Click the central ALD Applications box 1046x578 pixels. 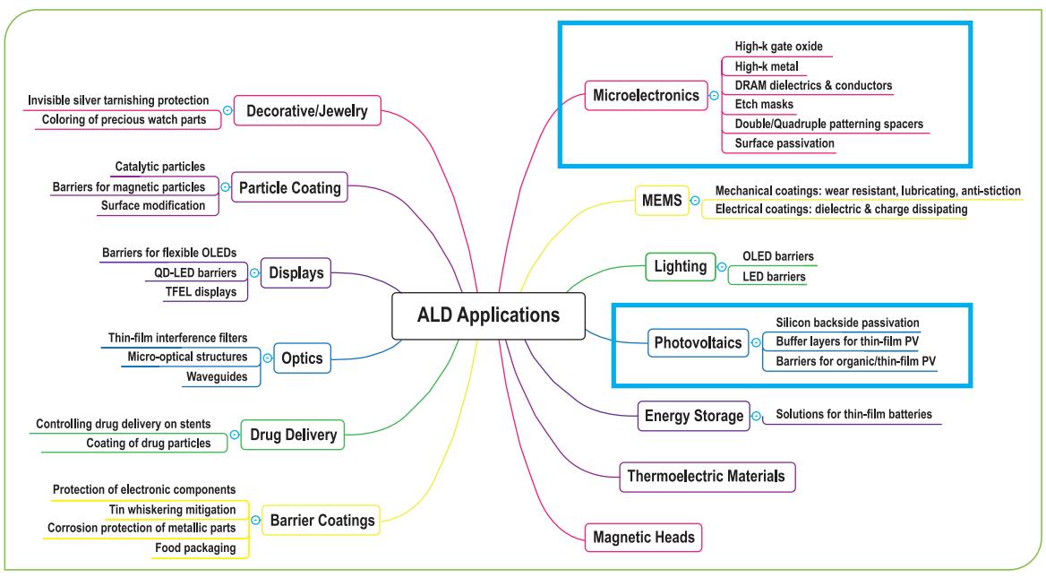(488, 315)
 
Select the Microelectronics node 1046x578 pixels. (645, 94)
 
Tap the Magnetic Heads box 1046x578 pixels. (643, 538)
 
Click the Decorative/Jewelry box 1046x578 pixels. (307, 112)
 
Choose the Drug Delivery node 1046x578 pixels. (292, 436)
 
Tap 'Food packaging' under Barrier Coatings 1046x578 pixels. (196, 548)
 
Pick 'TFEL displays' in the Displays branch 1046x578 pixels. (207, 292)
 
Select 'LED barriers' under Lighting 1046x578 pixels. (774, 277)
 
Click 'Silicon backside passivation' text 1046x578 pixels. (847, 322)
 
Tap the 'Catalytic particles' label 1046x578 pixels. (160, 167)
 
